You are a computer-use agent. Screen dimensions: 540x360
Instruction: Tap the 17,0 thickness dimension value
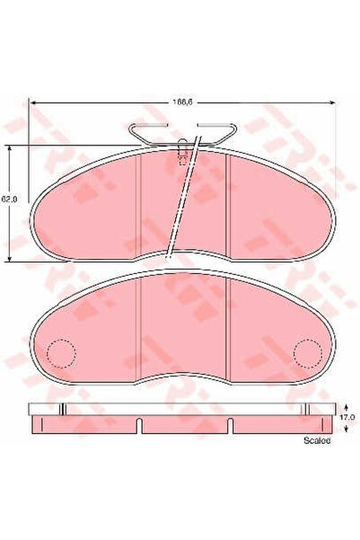coord(347,415)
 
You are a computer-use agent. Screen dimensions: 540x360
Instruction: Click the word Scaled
coord(317,441)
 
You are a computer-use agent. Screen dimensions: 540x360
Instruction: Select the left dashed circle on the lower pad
coord(61,353)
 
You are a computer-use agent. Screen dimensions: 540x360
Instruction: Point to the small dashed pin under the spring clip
coord(185,155)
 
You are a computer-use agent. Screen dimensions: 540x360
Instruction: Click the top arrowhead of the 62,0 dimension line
coord(10,149)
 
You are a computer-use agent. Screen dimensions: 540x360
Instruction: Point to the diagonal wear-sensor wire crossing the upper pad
coord(181,202)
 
